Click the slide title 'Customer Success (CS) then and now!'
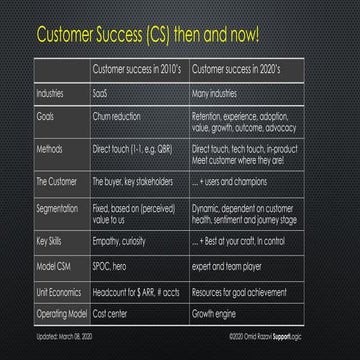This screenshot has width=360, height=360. [x=148, y=35]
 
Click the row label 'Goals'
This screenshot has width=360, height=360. [x=45, y=116]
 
